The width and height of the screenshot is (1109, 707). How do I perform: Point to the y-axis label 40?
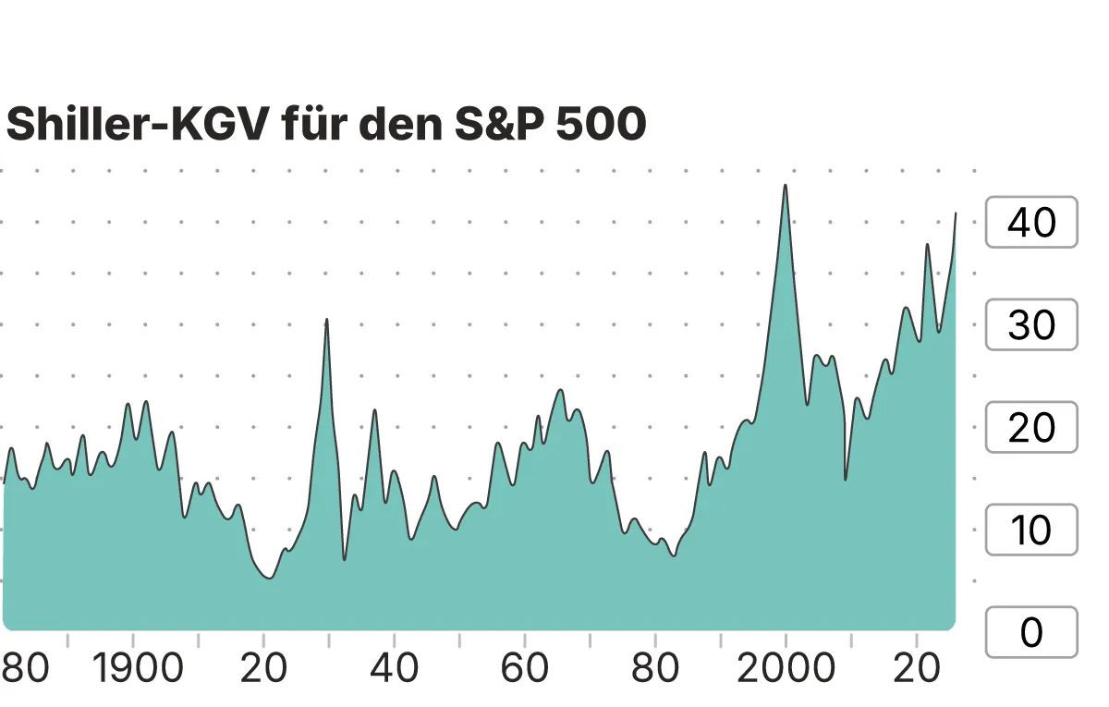1031,223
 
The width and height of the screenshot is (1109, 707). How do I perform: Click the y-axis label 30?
1031,325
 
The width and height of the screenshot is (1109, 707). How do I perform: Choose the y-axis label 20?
1031,428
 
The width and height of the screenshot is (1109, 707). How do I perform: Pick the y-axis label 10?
1031,530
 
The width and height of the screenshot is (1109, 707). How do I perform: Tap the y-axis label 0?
1031,633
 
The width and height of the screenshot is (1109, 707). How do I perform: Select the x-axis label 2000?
786,669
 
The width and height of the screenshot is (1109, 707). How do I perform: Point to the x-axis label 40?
394,669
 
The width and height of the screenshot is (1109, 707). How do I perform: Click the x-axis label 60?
524,669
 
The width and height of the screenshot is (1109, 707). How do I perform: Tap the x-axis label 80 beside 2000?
654,669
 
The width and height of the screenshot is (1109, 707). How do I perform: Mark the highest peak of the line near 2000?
786,185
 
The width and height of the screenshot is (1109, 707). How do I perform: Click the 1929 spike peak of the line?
327,319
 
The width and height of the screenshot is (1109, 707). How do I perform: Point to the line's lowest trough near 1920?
268,579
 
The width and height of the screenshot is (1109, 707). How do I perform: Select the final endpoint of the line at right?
956,213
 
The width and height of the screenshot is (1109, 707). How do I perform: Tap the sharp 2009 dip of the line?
845,479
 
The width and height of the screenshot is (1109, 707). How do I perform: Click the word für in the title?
312,125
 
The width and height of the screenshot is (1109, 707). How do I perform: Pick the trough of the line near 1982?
674,555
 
